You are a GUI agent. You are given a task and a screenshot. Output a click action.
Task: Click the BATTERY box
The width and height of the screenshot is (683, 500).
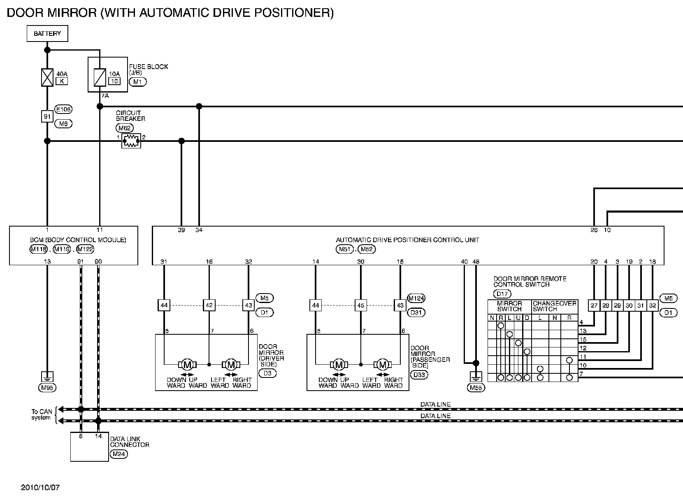47,33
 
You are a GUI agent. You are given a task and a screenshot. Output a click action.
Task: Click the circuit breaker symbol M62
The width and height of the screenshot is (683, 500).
131,141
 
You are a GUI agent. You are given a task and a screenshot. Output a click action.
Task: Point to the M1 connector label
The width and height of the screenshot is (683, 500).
137,81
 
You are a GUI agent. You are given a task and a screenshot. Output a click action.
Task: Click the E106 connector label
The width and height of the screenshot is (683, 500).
63,109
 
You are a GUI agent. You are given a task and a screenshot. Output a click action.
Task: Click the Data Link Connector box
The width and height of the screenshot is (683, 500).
89,447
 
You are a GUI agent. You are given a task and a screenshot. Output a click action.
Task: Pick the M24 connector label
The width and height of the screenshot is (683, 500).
119,454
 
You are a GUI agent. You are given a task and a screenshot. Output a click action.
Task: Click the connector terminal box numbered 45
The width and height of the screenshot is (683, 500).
360,306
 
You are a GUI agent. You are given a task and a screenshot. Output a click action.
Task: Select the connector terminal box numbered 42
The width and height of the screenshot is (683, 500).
209,306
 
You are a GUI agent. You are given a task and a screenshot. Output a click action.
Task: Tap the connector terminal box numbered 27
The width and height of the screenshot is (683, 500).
594,306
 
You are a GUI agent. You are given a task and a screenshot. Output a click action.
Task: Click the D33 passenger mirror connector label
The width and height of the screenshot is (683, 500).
419,375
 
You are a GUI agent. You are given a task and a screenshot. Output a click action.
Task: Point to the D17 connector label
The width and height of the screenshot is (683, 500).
502,294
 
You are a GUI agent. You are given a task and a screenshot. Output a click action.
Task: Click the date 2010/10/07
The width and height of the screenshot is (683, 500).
40,488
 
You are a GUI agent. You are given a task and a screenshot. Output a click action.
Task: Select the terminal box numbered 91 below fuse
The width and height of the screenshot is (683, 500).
47,116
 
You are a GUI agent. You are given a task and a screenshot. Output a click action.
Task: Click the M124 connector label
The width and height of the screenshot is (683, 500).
416,298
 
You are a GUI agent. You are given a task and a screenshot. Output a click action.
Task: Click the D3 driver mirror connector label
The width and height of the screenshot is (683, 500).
267,373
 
